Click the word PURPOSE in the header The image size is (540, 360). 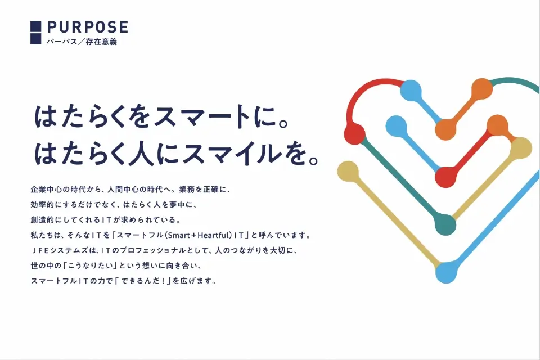[x=88, y=27]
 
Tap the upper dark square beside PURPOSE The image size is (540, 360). [x=36, y=26]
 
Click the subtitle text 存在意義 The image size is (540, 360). [x=101, y=42]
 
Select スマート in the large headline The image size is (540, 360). [x=203, y=116]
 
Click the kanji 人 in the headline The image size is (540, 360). [x=139, y=153]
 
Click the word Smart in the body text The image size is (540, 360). [x=179, y=235]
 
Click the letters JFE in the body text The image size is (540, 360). [x=42, y=250]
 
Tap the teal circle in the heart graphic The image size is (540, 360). [x=445, y=224]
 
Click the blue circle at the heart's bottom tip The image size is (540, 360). [x=446, y=272]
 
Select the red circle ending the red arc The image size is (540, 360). [x=355, y=133]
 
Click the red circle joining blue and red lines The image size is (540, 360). [x=446, y=177]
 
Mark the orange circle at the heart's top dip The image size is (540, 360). [x=445, y=129]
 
